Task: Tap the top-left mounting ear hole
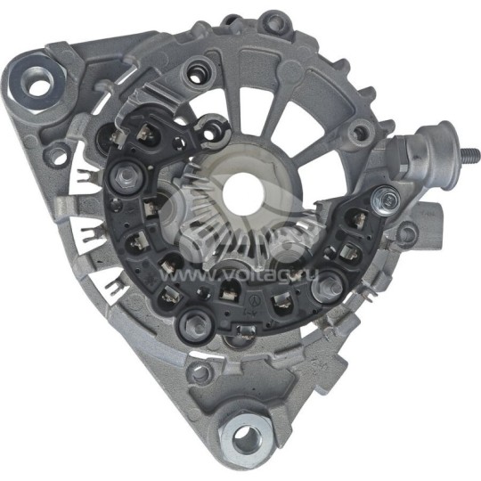pyautogui.click(x=38, y=86)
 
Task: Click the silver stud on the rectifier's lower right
pyautogui.click(x=330, y=284)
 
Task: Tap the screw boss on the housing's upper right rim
pyautogui.click(x=360, y=135)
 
